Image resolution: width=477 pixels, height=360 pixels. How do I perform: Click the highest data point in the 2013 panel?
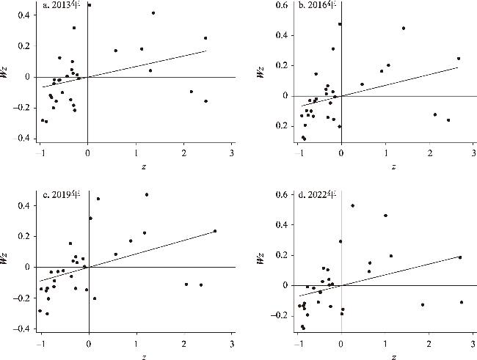click(89, 5)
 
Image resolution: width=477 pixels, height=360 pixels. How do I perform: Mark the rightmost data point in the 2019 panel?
click(215, 231)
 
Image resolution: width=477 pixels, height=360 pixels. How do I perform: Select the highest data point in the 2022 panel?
click(353, 205)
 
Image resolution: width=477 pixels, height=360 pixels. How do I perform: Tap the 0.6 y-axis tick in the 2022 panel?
click(281, 195)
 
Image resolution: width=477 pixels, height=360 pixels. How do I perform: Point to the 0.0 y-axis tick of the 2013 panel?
click(28, 77)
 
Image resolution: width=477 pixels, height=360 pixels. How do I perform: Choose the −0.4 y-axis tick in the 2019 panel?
click(26, 328)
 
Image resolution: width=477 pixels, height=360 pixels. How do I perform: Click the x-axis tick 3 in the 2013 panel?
click(231, 153)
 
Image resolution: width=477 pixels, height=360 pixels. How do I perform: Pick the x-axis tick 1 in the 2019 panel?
click(136, 343)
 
